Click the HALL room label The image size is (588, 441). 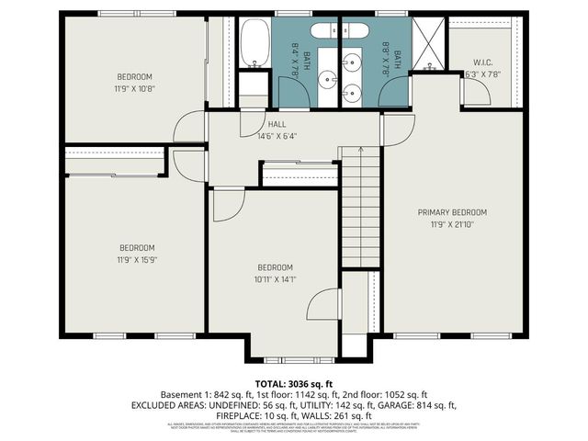click(x=277, y=124)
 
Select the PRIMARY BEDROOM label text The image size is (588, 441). click(x=452, y=212)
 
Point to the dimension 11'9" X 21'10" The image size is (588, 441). click(x=452, y=224)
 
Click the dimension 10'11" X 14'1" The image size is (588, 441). click(x=276, y=279)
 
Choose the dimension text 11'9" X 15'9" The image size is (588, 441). click(x=136, y=260)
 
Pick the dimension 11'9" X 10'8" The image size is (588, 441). click(x=134, y=88)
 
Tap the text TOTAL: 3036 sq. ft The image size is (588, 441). click(x=293, y=382)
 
